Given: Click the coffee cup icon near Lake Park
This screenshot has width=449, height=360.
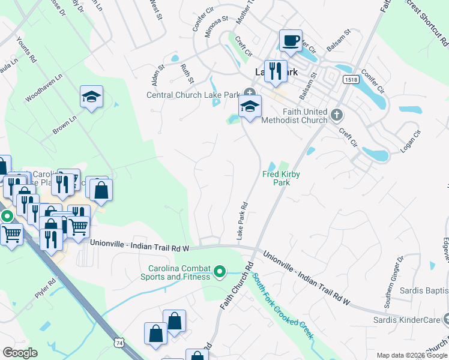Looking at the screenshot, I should coord(291,41).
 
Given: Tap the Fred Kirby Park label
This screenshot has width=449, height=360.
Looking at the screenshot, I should coord(281,178).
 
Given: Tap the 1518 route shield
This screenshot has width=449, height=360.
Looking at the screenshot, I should coord(351,79).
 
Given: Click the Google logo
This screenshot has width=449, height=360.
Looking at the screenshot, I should coord(20,352).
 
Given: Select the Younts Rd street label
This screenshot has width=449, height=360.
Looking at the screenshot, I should coord(27,52).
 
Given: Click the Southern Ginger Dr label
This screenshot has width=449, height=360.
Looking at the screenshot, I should coord(393,281).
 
